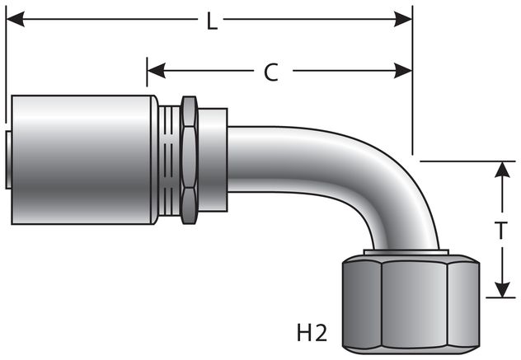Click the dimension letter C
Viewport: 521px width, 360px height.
click(x=271, y=72)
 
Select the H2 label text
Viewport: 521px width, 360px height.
click(x=311, y=334)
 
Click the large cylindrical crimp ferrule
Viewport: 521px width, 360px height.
click(x=82, y=159)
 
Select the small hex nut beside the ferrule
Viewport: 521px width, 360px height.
click(x=189, y=159)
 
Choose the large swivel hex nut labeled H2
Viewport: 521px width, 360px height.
click(x=409, y=305)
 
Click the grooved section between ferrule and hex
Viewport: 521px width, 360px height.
click(x=169, y=159)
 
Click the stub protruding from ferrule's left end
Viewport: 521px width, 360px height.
click(x=8, y=159)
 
